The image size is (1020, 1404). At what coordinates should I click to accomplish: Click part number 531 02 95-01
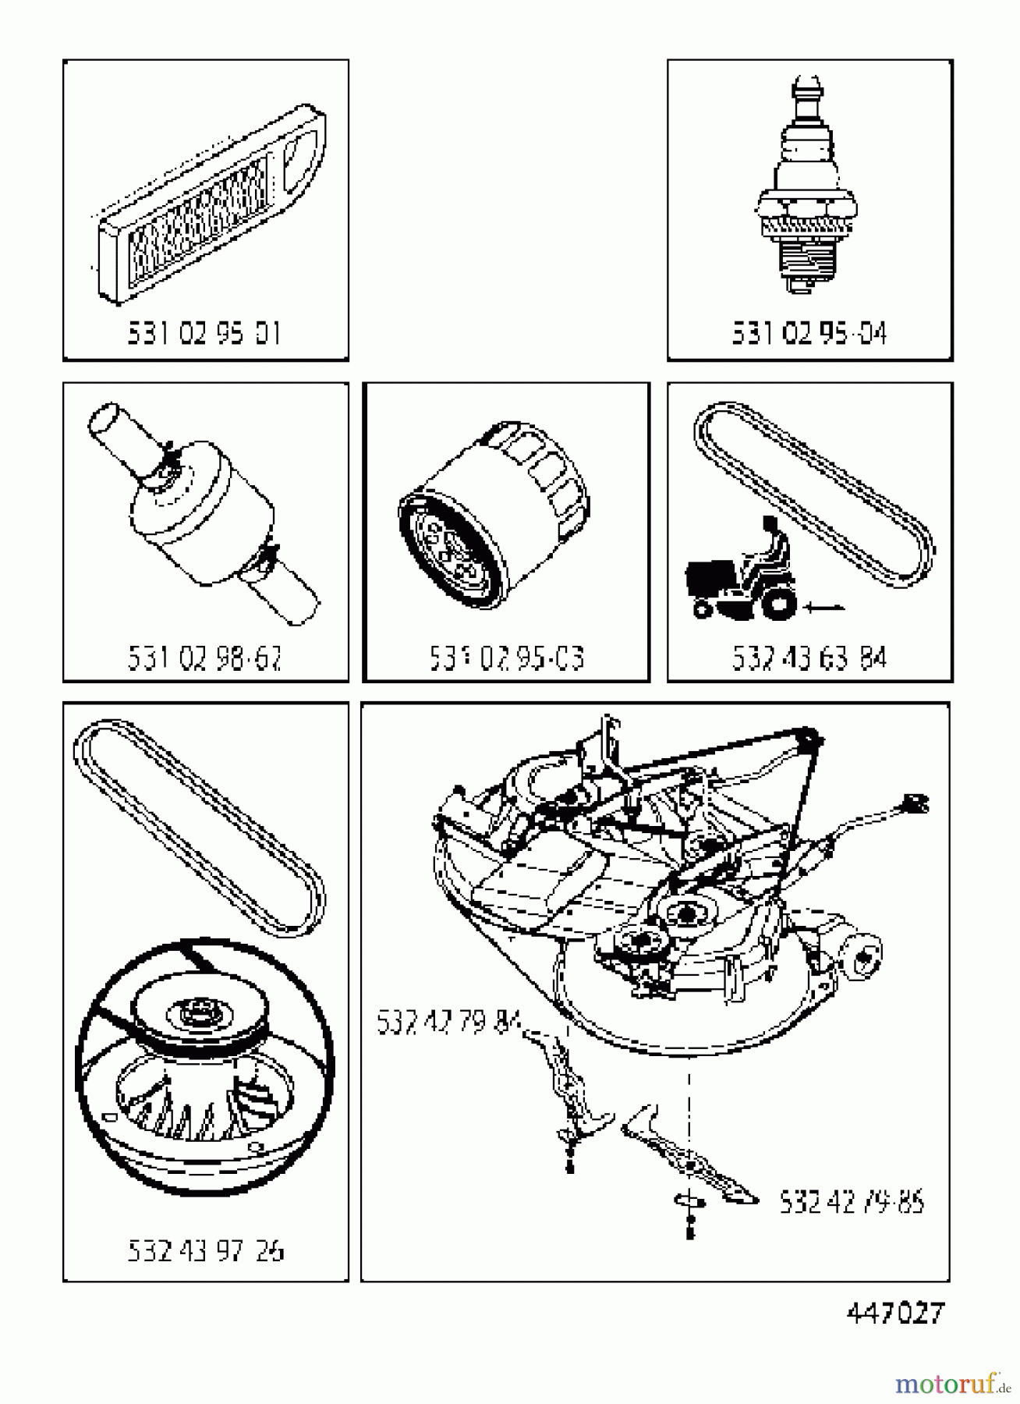coord(204,334)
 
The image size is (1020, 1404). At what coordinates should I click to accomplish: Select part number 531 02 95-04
coord(809,334)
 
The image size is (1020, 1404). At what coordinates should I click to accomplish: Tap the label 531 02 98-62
coord(204,658)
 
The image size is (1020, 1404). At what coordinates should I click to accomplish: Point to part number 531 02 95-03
coord(506,658)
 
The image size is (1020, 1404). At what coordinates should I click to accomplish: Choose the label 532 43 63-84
coord(809,658)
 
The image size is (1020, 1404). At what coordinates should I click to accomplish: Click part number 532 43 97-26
coord(205,1250)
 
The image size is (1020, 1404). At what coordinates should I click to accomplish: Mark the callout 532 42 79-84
coord(448,1021)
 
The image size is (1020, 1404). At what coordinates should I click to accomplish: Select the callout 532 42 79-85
coord(852,1202)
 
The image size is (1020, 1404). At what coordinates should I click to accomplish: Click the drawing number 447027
coord(894,1313)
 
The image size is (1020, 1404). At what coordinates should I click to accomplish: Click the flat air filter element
coord(209,207)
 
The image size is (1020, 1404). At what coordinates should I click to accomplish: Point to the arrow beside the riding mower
coord(825,604)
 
